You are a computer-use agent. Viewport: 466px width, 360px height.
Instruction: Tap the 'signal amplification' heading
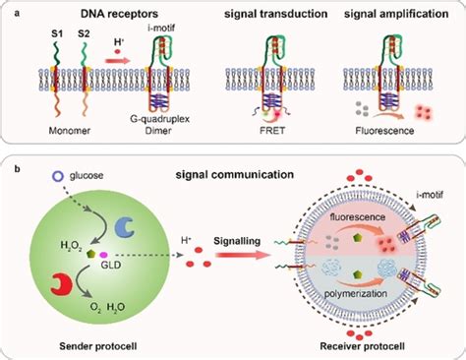tap(390, 15)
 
